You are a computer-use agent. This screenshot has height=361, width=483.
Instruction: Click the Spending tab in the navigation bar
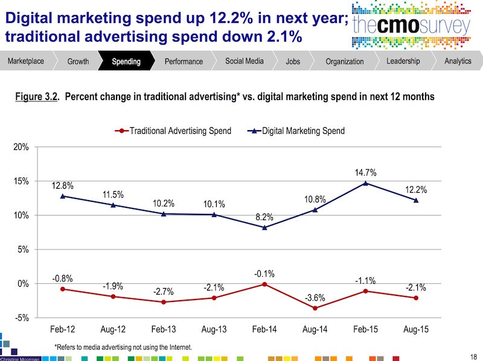[126, 61]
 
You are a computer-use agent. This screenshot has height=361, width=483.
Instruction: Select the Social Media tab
[244, 61]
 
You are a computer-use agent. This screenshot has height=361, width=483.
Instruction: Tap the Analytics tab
[457, 61]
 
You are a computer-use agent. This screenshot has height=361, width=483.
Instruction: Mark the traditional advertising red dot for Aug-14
[315, 308]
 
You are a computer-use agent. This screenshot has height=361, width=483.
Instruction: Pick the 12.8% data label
[62, 184]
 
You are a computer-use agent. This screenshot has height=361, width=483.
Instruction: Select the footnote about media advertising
[123, 347]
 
